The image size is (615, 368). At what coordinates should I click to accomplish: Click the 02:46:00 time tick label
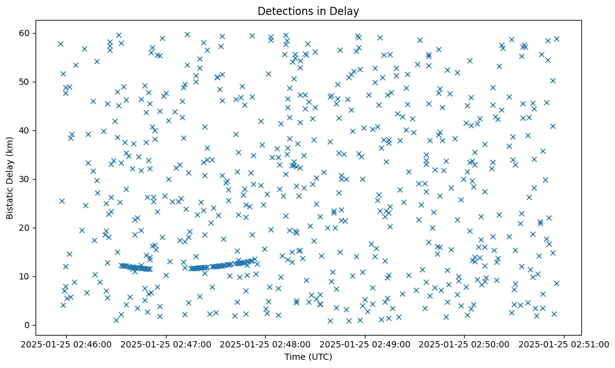click(x=66, y=343)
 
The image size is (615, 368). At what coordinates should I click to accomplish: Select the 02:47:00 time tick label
click(x=166, y=343)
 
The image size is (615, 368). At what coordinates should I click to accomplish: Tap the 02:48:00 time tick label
click(x=266, y=343)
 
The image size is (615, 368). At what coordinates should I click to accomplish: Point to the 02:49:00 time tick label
click(x=365, y=343)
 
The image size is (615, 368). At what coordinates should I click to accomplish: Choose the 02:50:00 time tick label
click(x=465, y=343)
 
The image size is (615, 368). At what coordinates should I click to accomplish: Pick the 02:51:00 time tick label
click(x=564, y=343)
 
